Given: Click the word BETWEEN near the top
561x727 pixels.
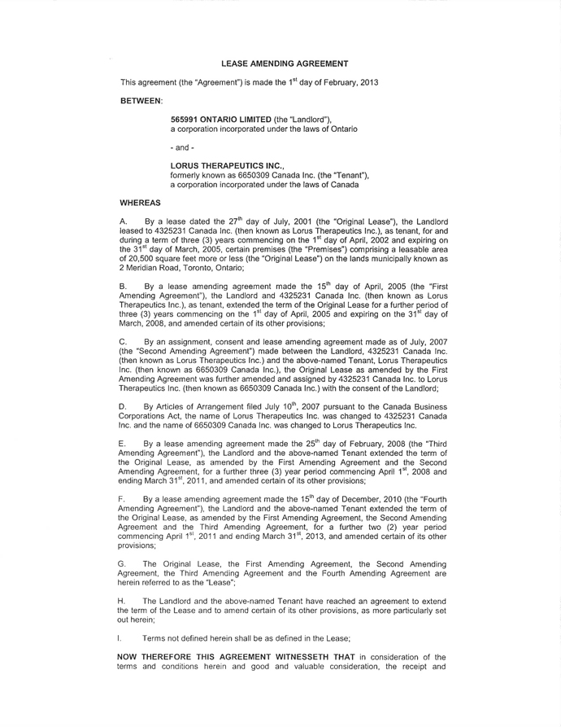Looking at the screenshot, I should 141,101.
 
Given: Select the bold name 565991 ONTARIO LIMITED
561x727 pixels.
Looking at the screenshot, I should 215,120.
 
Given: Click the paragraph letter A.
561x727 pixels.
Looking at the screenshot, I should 123,221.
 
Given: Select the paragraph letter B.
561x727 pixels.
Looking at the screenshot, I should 123,287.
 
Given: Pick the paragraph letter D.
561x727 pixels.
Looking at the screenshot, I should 123,404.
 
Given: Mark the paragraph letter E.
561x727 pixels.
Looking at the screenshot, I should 123,444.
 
